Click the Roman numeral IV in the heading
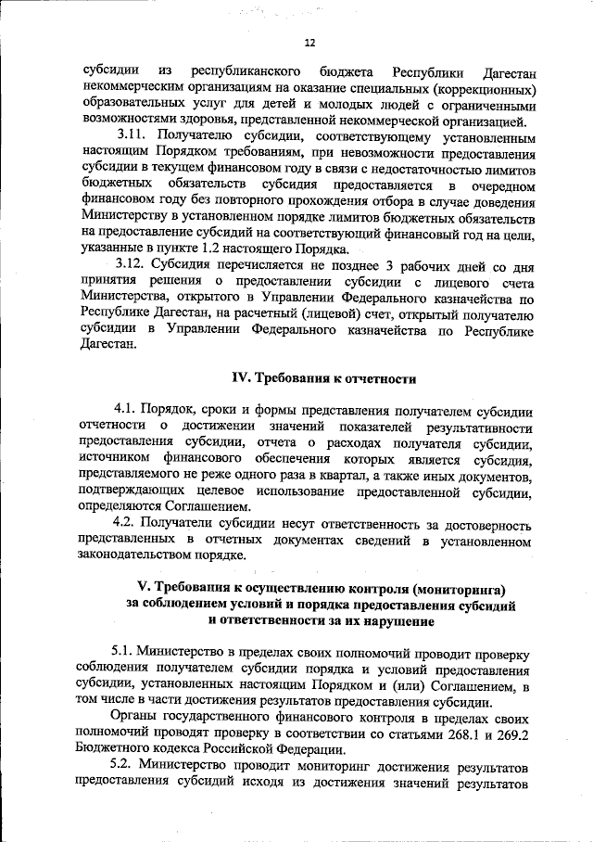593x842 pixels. pyautogui.click(x=240, y=378)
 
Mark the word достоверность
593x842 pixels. pyautogui.click(x=486, y=522)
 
